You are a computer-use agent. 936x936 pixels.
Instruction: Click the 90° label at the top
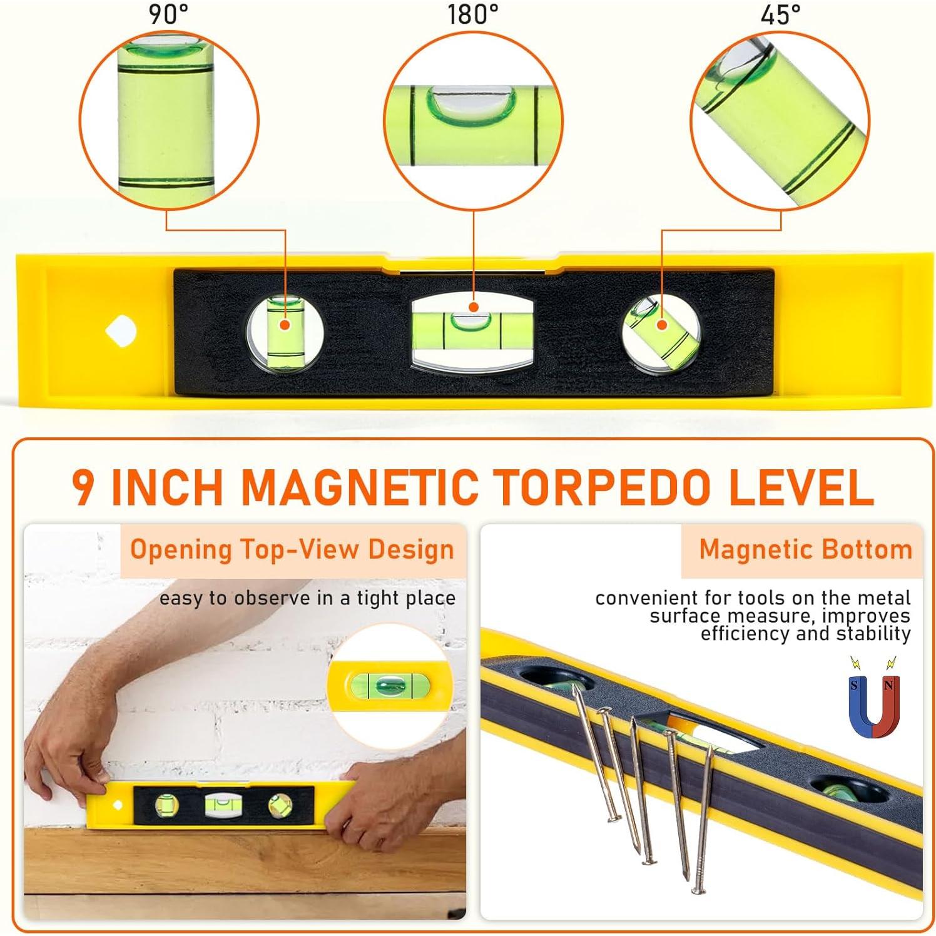[x=168, y=14]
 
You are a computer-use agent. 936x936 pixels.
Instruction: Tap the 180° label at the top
[x=473, y=14]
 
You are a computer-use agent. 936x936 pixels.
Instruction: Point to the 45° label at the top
[x=780, y=14]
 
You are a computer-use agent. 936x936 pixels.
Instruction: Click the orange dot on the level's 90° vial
[x=285, y=324]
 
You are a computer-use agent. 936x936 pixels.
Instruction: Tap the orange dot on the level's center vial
[x=474, y=307]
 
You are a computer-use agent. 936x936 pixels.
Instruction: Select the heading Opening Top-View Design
[x=292, y=549]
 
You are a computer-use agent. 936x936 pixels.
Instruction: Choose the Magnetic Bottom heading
[x=805, y=549]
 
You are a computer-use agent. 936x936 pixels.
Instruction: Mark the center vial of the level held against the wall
[x=219, y=805]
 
